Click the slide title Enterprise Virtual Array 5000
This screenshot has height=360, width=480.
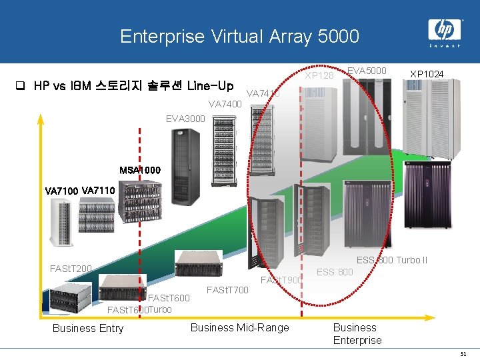coord(239,36)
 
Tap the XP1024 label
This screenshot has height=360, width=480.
coord(427,73)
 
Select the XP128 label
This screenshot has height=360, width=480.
coord(319,75)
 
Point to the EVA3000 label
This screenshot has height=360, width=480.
coord(185,119)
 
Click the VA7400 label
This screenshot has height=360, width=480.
coord(225,104)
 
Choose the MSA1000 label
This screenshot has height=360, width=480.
coord(140,171)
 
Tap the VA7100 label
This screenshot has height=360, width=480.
coord(61,191)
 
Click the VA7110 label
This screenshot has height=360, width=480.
coord(99,191)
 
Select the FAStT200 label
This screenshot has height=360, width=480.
coord(71,269)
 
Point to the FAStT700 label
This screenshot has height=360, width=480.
coord(227,289)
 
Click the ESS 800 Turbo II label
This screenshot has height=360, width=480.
coord(401,260)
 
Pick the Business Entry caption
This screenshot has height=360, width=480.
coord(88,328)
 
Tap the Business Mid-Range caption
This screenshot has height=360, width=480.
coord(239,327)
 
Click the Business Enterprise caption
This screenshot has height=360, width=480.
coord(357,333)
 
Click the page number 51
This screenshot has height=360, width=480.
coord(463,353)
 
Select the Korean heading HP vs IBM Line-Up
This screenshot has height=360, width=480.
coord(133,86)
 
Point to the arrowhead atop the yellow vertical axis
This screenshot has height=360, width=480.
coord(40,119)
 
